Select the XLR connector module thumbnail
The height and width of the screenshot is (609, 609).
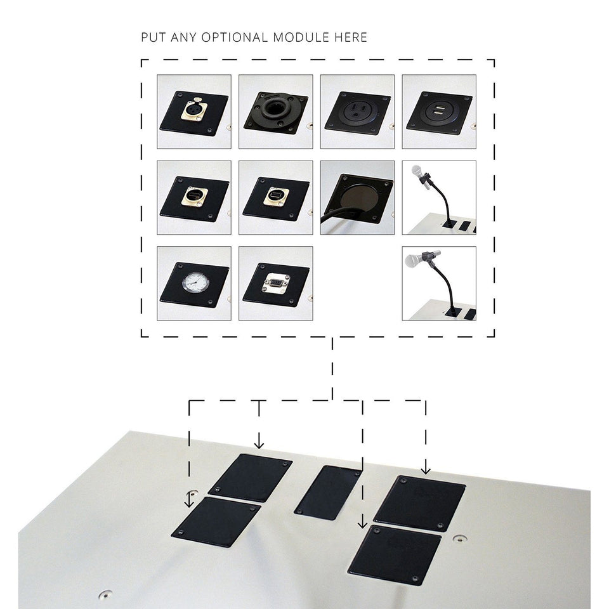(x=194, y=112)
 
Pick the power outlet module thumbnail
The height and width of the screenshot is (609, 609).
(x=357, y=112)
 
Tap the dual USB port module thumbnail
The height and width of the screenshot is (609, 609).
(x=439, y=112)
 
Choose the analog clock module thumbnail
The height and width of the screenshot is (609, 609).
(x=194, y=283)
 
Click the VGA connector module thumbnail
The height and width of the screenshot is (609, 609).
(x=275, y=283)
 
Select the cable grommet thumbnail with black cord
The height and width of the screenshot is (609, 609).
(x=357, y=197)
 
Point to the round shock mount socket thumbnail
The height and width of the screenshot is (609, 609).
(x=275, y=112)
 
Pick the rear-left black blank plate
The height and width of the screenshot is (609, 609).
(x=249, y=477)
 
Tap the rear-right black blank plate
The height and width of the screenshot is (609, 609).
(x=420, y=503)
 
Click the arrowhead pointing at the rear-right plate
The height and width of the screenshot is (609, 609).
(x=426, y=471)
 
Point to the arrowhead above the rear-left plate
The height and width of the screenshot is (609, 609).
(x=258, y=445)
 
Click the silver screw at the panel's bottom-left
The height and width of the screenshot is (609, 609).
(x=102, y=596)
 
